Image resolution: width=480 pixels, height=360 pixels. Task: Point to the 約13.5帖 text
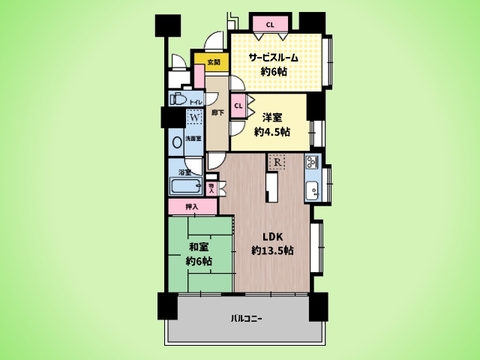click(x=271, y=250)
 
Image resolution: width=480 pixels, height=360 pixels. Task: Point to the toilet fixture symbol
click(x=176, y=99)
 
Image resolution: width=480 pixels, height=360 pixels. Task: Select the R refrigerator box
click(x=275, y=161)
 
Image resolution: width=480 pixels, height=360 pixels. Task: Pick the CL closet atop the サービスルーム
click(x=270, y=22)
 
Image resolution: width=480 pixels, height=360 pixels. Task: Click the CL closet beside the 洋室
click(x=238, y=104)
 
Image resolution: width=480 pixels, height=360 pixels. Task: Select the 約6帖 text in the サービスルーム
click(x=273, y=74)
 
